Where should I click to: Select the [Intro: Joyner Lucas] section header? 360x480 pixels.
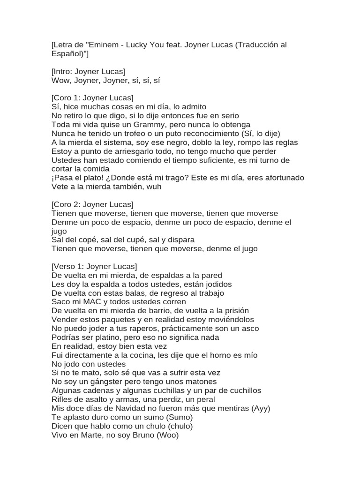pos(88,72)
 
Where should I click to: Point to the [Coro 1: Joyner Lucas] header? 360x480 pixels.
pos(92,98)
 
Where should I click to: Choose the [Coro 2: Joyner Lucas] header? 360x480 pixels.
pos(92,204)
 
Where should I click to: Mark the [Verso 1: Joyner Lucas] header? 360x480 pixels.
pos(94,266)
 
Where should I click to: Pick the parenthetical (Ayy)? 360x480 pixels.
pos(261,408)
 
